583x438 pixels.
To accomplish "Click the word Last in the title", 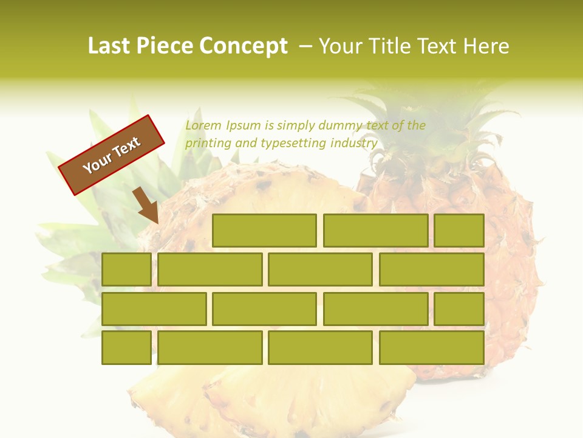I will click(x=110, y=46).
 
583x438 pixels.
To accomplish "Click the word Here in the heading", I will click(x=486, y=46).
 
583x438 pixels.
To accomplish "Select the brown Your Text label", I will click(x=112, y=155).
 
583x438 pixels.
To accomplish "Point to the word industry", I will click(x=354, y=144).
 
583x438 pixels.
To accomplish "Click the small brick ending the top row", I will click(x=459, y=231).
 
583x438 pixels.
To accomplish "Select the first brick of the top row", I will click(x=264, y=231).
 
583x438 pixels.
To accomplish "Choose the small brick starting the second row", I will click(x=126, y=269).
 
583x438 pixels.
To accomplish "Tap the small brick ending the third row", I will click(x=459, y=308).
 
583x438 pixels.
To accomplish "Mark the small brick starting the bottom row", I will click(x=126, y=347).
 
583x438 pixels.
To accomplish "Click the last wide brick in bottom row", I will click(x=432, y=347).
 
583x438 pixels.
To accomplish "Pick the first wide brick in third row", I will click(x=154, y=308).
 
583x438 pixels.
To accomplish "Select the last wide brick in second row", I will click(x=432, y=269).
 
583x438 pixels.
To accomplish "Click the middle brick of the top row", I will click(x=375, y=231).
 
